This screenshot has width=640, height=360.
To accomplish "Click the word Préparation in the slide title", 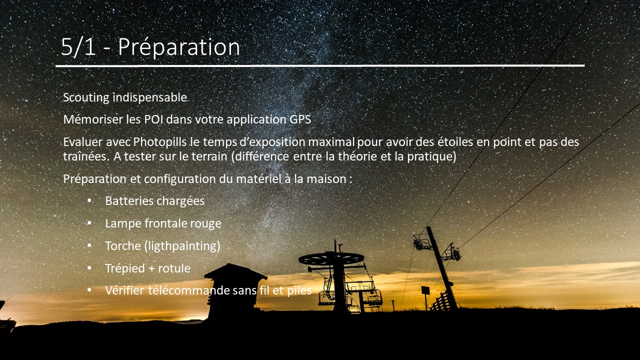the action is coord(179,47).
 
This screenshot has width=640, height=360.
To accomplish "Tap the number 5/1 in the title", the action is coord(78,47).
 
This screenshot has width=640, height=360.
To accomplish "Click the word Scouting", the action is coord(86,97).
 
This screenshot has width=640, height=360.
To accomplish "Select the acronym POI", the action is coord(153,119).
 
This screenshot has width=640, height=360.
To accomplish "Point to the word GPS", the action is coord(300,119).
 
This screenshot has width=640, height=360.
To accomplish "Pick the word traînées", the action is coord(86,156).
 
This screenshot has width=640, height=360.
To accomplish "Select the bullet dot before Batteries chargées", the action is coord(89,201).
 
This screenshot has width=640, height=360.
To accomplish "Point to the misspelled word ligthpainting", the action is coord(182,246).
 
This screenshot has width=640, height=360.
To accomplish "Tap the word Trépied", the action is coord(125,268).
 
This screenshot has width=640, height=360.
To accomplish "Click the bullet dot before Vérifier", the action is coord(89,290).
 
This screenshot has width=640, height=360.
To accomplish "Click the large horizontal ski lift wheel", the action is coord(331,259).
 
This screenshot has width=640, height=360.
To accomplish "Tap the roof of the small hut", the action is coord(235,271).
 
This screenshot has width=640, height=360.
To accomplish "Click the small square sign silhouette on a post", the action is coord(425,290).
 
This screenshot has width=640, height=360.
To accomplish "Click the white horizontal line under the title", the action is coord(320,65).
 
